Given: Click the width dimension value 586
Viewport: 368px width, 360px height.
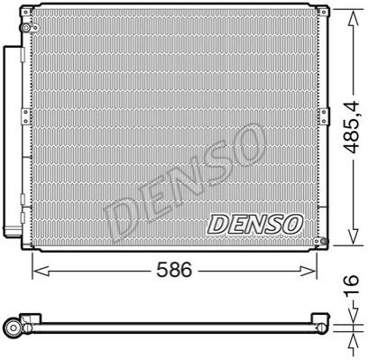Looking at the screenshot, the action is (x=174, y=270).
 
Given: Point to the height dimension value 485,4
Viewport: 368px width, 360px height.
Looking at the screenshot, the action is (x=352, y=127).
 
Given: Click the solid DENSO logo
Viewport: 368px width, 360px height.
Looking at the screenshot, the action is (x=254, y=224).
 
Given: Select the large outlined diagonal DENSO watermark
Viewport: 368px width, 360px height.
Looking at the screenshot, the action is (x=185, y=183).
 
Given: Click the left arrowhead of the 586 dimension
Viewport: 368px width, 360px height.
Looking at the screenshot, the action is (x=41, y=271).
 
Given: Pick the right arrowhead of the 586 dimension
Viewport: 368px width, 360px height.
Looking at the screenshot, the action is (x=308, y=271).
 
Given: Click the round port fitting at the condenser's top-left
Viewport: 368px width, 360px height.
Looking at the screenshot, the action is (x=26, y=28).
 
